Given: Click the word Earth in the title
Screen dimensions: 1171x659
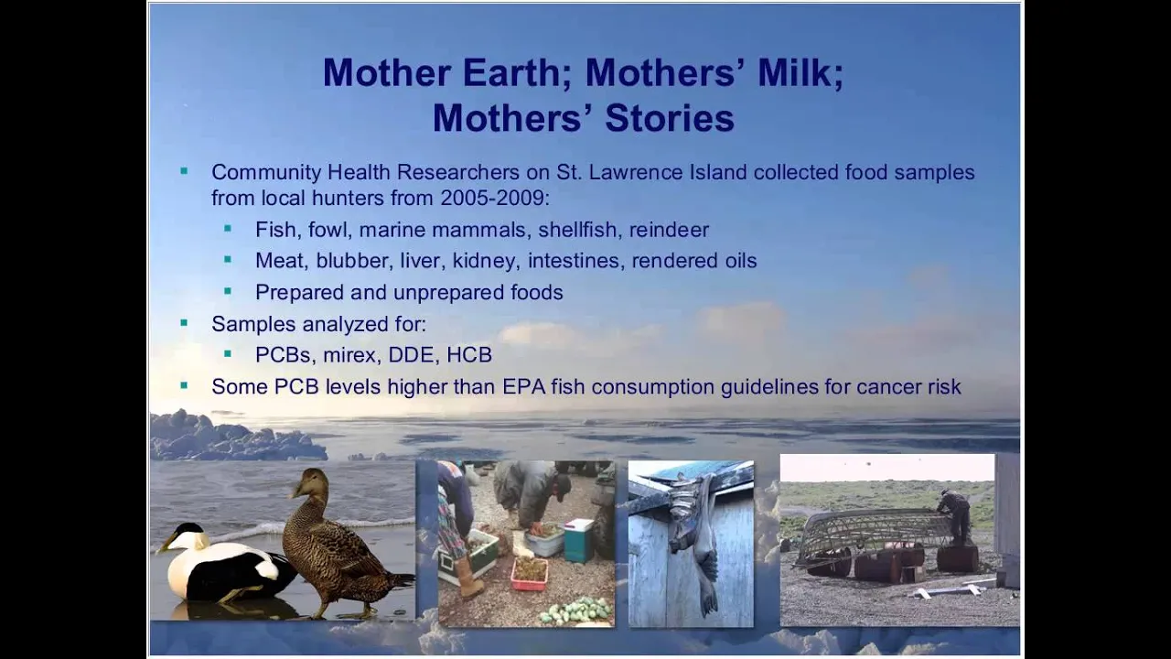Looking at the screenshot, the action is [x=511, y=72].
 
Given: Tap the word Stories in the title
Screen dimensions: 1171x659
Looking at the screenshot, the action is [x=670, y=118].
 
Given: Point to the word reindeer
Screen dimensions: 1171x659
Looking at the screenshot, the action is [x=669, y=230].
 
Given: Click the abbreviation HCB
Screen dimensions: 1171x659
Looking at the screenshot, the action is [x=469, y=355].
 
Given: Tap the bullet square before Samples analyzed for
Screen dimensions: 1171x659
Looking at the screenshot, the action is [x=184, y=323].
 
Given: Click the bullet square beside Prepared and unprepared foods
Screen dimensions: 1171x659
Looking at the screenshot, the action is [x=228, y=290].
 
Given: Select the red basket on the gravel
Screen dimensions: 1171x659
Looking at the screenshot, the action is [x=530, y=573].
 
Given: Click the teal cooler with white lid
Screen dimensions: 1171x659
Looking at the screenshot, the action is [x=579, y=540].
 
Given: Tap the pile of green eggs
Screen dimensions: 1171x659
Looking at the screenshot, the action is [x=575, y=610].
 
